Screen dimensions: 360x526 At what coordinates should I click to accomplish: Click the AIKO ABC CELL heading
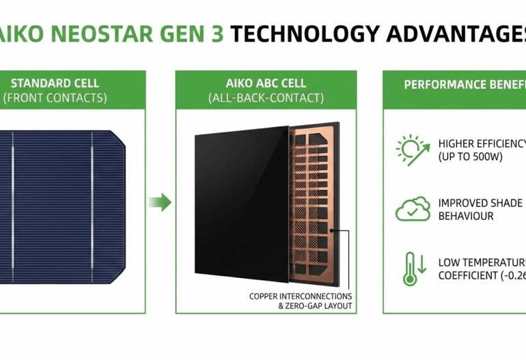(266, 83)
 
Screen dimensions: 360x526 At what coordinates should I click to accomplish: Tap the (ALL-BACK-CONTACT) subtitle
(266, 98)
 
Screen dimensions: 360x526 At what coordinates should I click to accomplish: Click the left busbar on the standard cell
(12, 206)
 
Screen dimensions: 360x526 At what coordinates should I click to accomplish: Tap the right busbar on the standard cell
(92, 206)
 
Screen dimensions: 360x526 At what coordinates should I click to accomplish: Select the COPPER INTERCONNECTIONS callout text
(301, 296)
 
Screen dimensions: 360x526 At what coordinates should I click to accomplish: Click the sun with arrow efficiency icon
(412, 150)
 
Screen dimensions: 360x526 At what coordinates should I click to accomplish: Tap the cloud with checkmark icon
(413, 209)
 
